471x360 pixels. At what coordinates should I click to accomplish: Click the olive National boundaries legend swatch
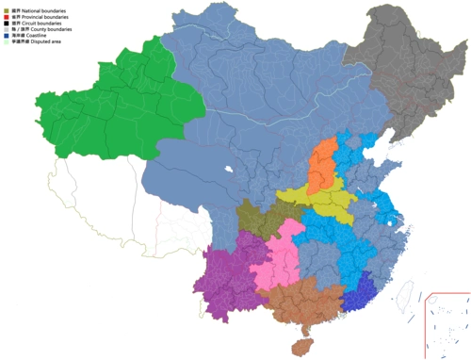point(7,8)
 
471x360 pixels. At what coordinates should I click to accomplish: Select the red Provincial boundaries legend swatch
point(7,17)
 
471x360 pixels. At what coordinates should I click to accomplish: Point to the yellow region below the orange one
point(325,199)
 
